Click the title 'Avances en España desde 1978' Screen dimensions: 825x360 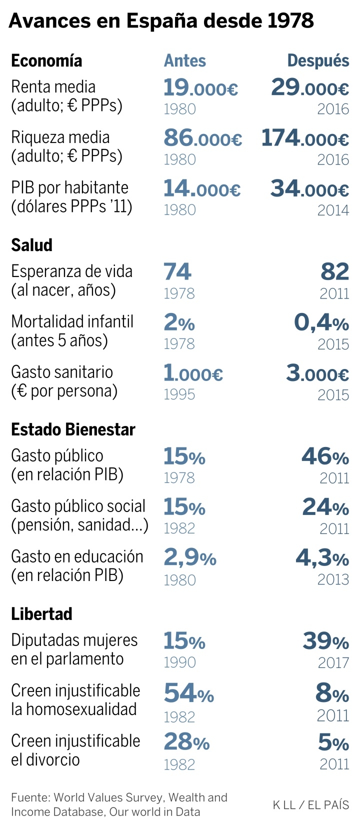click(161, 21)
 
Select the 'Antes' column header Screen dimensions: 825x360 click(184, 60)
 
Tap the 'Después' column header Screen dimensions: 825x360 click(318, 60)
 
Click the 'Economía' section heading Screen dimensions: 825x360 click(46, 60)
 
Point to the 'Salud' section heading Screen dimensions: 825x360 click(31, 245)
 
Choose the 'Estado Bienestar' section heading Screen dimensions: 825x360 click(73, 429)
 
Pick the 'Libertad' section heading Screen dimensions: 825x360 click(41, 613)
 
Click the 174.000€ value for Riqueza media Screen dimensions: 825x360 click(305, 138)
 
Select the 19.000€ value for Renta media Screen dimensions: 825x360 click(200, 88)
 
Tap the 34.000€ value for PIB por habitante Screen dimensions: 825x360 click(309, 189)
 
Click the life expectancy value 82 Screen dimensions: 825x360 click(334, 272)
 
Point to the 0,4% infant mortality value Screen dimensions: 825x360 click(321, 323)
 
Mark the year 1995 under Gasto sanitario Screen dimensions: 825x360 click(179, 394)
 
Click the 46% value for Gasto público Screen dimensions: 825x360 click(325, 456)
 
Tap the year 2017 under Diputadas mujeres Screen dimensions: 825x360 click(333, 662)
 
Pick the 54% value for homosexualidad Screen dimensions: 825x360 click(188, 693)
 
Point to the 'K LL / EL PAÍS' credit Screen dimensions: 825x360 click(310, 804)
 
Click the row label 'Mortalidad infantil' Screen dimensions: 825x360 click(72, 321)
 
